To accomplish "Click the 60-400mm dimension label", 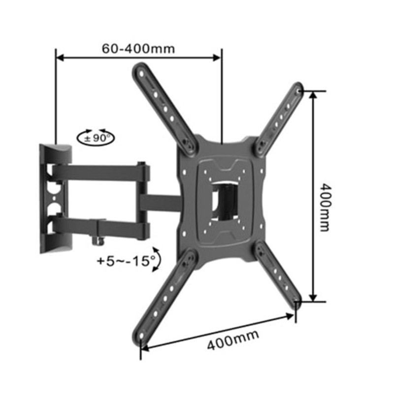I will (x=138, y=49).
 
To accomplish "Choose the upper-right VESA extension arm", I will (x=281, y=116).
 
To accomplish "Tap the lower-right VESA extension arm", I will (x=278, y=273).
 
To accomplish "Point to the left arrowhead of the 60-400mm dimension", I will (x=59, y=58).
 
